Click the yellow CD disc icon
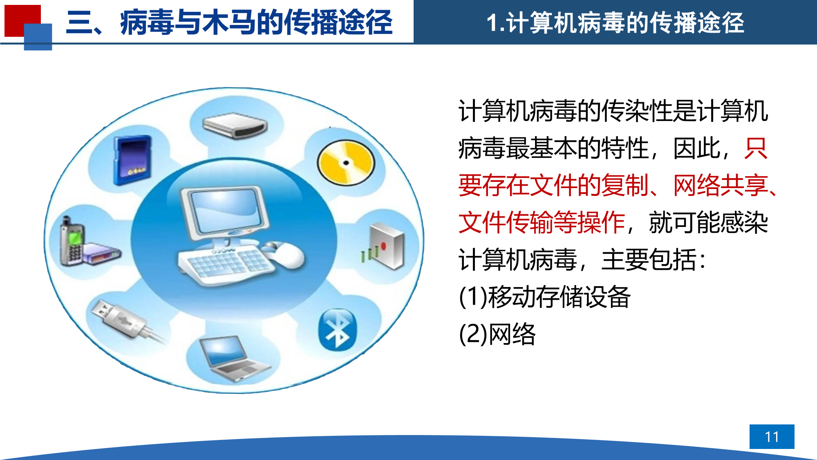346,162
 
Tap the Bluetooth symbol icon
337,329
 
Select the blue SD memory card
132,160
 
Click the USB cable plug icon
127,322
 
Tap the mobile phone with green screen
72,241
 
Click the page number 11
772,437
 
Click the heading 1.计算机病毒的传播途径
615,22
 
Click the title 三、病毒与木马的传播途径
229,22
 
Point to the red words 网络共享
721,185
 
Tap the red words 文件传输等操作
542,222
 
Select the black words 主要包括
649,260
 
